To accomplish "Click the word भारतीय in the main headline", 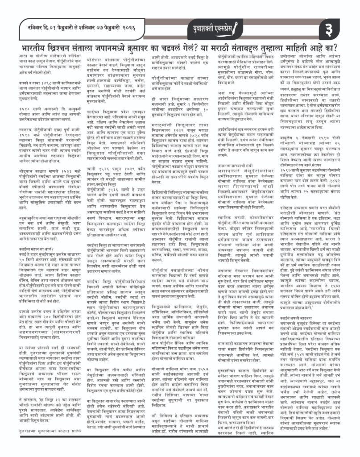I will (36, 48).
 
